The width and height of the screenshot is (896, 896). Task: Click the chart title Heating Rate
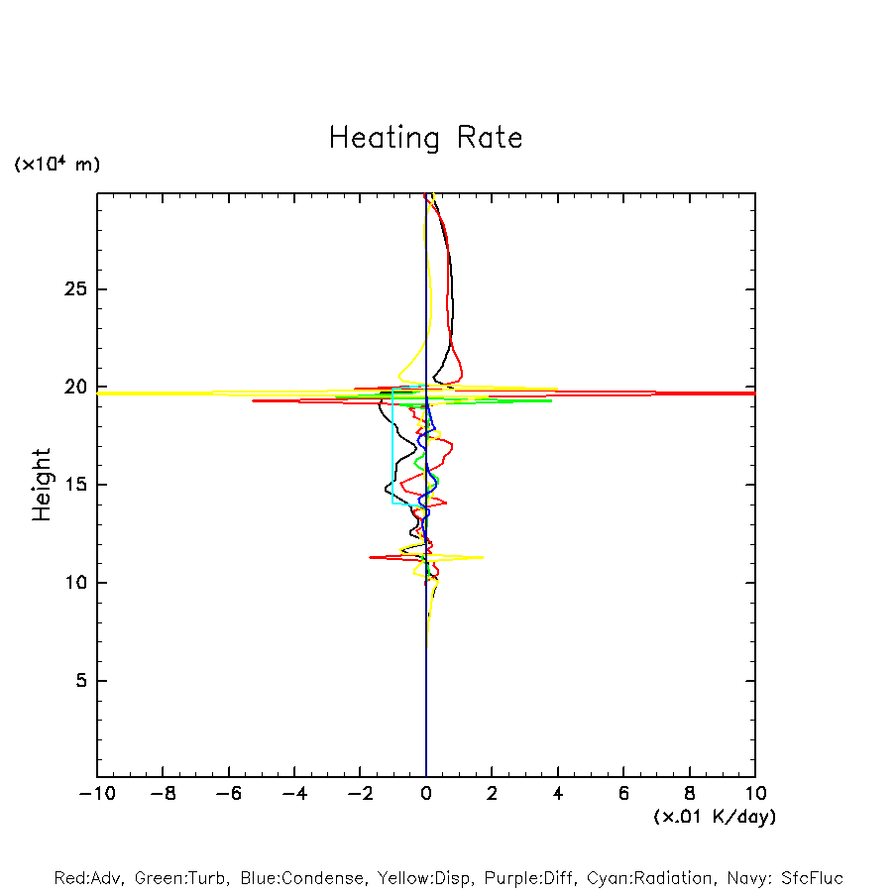click(425, 138)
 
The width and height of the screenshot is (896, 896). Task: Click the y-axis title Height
click(42, 485)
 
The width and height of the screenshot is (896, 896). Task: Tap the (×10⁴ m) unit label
click(56, 165)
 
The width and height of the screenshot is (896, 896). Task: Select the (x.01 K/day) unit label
click(714, 817)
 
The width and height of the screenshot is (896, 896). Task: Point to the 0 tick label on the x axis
click(426, 794)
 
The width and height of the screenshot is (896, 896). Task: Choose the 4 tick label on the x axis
click(558, 794)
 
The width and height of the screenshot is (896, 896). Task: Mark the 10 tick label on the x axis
click(755, 794)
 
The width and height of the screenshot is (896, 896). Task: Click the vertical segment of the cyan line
click(392, 446)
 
